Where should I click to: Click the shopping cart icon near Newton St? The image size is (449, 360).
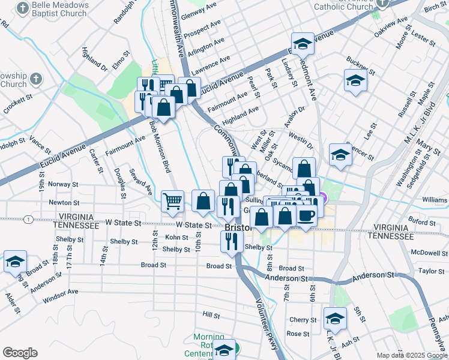point(172,201)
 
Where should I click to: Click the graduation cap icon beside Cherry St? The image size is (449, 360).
point(335,318)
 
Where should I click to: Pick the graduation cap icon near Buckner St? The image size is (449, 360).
point(355,80)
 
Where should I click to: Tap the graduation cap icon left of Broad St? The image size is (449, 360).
point(15,262)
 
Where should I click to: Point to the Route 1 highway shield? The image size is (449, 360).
point(28,220)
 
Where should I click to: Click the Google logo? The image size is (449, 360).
point(20,352)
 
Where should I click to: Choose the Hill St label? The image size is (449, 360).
point(211,314)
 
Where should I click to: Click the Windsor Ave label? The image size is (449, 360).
point(61,292)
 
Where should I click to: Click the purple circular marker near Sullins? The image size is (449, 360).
point(324,197)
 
